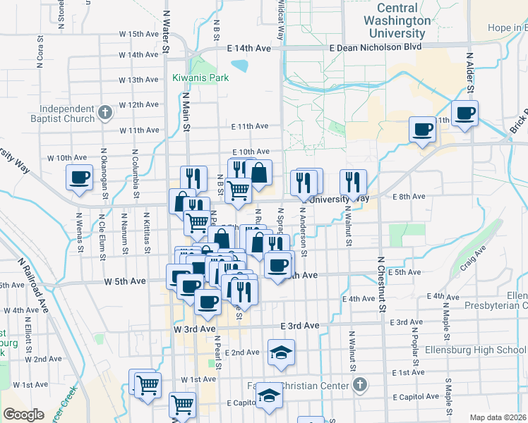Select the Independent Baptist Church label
click(67, 114)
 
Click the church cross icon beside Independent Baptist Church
click(105, 112)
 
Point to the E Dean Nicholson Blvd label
click(376, 47)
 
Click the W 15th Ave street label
click(138, 34)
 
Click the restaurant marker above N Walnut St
click(352, 181)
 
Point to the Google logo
click(24, 415)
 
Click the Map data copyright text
click(498, 417)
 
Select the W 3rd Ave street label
click(193, 329)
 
